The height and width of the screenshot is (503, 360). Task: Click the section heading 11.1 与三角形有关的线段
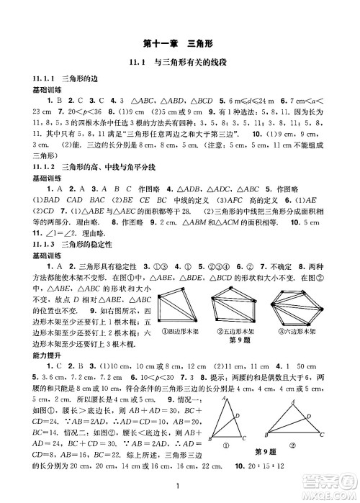point(179,63)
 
